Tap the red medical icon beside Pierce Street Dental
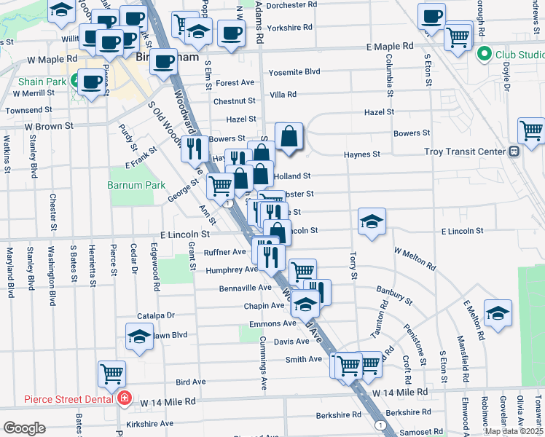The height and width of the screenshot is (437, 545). tap(125, 399)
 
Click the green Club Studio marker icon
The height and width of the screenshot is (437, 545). tap(482, 54)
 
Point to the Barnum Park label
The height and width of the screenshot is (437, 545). tap(128, 185)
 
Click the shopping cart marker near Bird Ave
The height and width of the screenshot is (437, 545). tap(111, 374)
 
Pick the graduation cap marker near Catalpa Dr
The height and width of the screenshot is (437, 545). tap(138, 336)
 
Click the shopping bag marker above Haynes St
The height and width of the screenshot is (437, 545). tap(289, 136)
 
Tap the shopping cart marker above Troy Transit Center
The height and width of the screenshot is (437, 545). tap(531, 131)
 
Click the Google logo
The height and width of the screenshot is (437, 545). tap(24, 428)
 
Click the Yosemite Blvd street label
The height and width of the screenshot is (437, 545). tap(294, 72)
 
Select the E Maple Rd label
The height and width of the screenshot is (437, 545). tap(390, 47)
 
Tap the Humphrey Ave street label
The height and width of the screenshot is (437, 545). tap(232, 269)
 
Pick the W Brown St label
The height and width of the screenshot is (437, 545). tap(50, 126)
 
